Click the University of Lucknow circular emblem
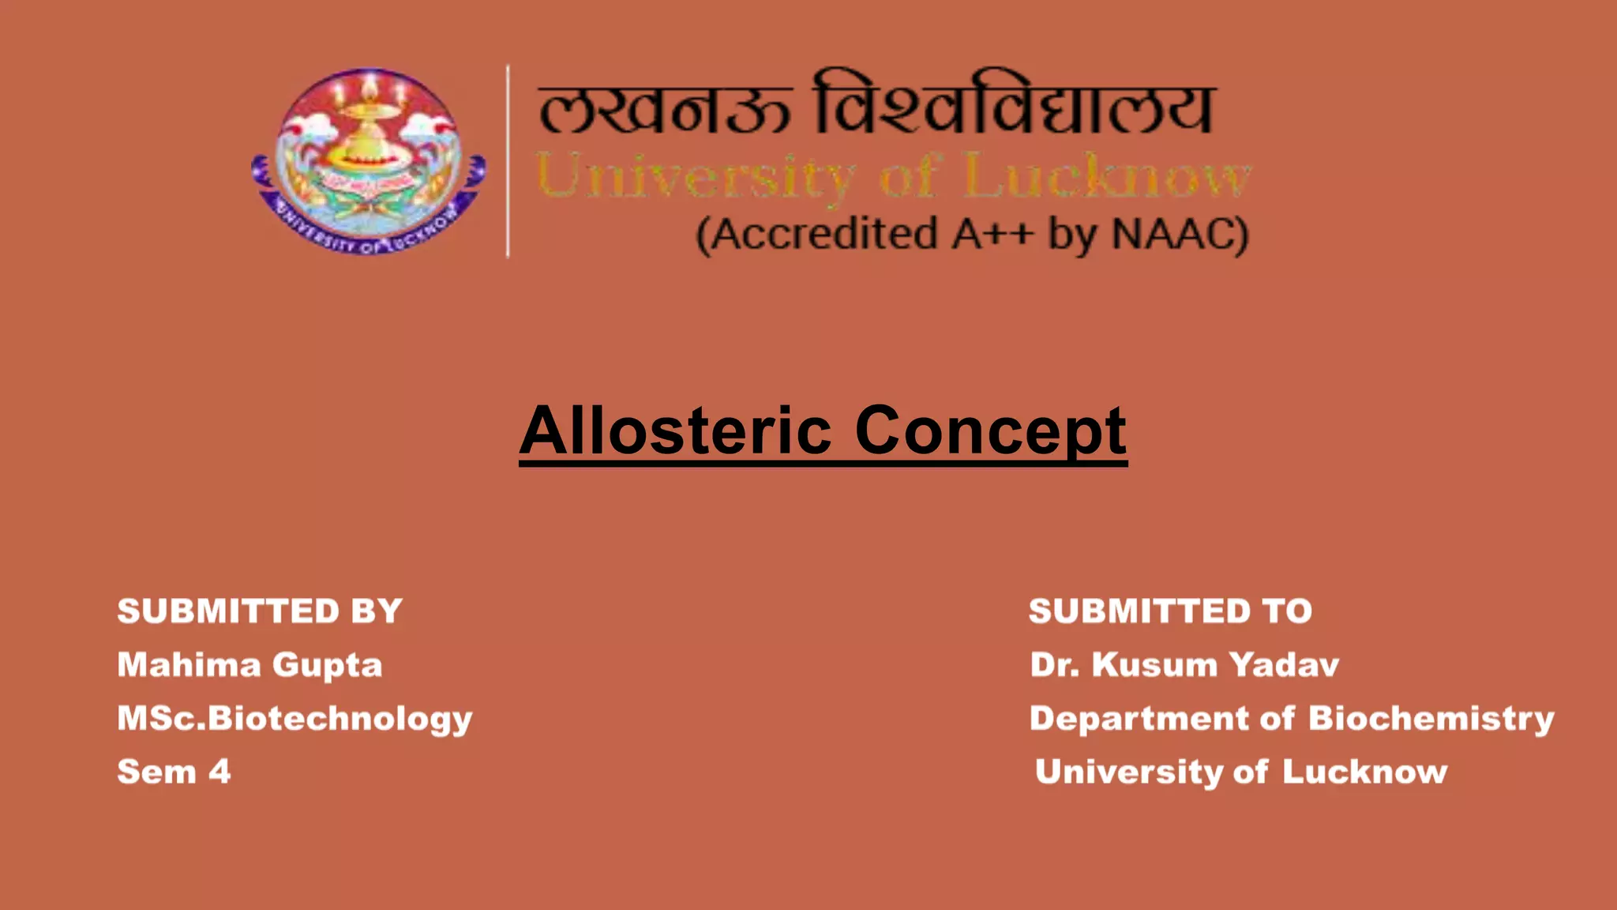point(369,160)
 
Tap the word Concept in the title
point(991,431)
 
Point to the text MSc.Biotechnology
point(295,720)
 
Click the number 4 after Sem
point(219,772)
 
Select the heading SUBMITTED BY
point(260,611)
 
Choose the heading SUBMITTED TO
point(1170,611)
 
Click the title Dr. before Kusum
point(1054,665)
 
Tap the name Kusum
point(1154,665)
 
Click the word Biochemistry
point(1431,720)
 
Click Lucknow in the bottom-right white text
point(1364,772)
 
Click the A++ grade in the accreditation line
point(992,235)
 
